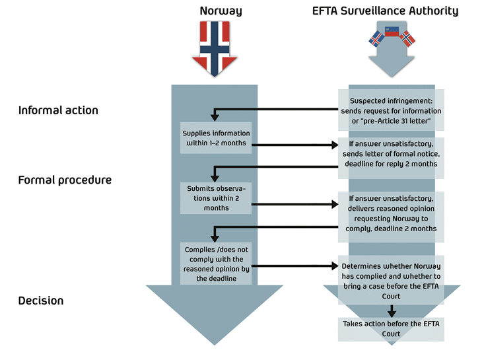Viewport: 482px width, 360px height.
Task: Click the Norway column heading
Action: [221, 11]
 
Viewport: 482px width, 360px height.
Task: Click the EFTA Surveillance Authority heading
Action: [385, 11]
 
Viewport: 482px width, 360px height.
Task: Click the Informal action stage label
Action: [58, 110]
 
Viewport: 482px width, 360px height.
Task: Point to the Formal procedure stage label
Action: [65, 180]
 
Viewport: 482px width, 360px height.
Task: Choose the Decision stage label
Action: [41, 301]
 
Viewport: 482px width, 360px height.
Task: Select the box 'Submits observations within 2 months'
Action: [215, 198]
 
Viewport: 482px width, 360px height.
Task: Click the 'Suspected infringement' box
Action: [391, 110]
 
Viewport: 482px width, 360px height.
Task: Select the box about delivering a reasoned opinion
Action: [391, 213]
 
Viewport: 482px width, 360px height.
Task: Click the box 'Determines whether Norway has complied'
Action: [391, 277]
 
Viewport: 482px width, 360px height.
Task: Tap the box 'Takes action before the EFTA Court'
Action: [391, 329]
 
